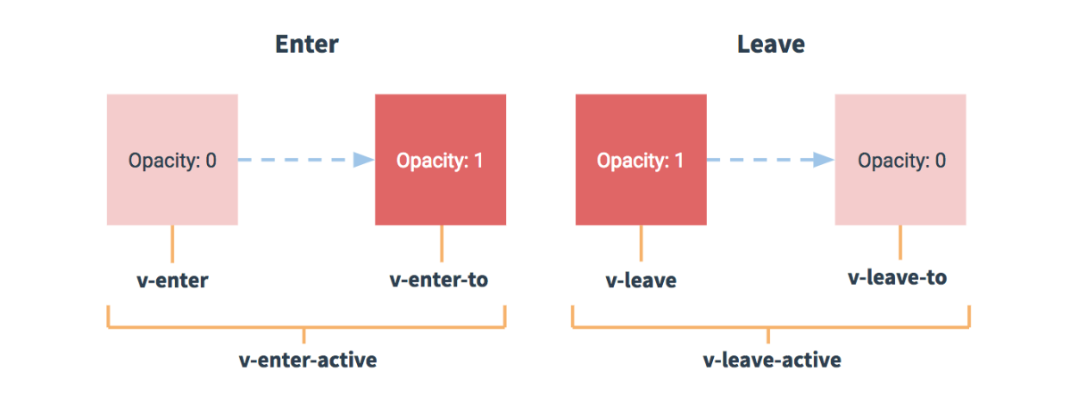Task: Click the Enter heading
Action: pyautogui.click(x=306, y=45)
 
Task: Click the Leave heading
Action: pyautogui.click(x=770, y=45)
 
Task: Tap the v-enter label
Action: pyautogui.click(x=170, y=280)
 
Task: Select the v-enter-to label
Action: pyautogui.click(x=439, y=279)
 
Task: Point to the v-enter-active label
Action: pyautogui.click(x=308, y=360)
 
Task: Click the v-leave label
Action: pyautogui.click(x=640, y=280)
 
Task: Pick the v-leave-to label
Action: pyautogui.click(x=897, y=277)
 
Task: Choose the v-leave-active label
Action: pyautogui.click(x=772, y=360)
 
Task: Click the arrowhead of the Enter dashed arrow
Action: pyautogui.click(x=364, y=160)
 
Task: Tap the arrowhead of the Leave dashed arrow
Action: pyautogui.click(x=825, y=160)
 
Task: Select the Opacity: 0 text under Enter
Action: pyautogui.click(x=172, y=161)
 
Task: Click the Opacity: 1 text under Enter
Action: pyautogui.click(x=440, y=161)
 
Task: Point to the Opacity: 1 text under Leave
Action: pyautogui.click(x=640, y=161)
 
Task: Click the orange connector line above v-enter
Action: pyautogui.click(x=172, y=244)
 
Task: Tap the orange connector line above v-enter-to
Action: pyautogui.click(x=441, y=244)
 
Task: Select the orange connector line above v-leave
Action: pyautogui.click(x=641, y=244)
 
